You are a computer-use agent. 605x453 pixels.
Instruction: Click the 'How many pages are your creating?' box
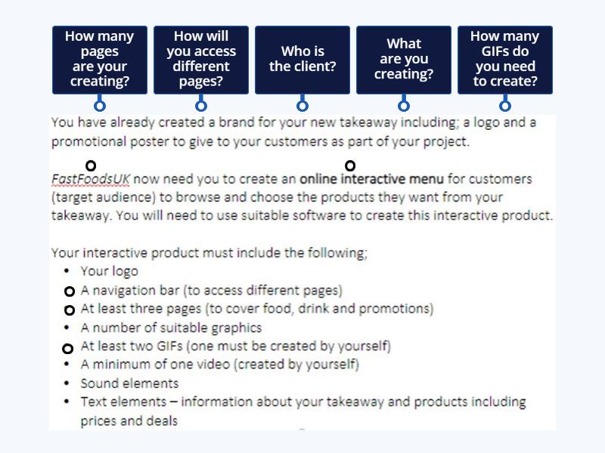(99, 59)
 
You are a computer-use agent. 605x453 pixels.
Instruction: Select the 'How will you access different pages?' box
(200, 59)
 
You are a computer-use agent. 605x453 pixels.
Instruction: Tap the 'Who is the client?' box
(302, 59)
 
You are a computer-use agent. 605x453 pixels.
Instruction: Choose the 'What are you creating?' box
(404, 59)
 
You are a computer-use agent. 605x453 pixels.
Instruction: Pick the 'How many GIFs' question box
(504, 59)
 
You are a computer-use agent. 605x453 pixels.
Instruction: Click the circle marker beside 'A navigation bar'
(69, 291)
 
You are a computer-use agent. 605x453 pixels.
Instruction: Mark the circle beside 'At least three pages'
(69, 310)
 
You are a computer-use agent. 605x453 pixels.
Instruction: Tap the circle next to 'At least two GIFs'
(67, 348)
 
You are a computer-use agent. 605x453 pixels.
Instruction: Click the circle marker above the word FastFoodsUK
(91, 165)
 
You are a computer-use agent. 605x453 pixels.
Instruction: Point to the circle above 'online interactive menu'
(349, 165)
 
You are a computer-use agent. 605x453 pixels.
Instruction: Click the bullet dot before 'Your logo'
(68, 271)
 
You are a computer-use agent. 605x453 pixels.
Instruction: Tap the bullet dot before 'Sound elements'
(68, 384)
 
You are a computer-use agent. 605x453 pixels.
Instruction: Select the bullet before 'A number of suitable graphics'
(68, 328)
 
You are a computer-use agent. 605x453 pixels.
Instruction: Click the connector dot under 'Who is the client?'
(302, 106)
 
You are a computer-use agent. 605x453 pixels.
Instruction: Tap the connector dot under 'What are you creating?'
(404, 106)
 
